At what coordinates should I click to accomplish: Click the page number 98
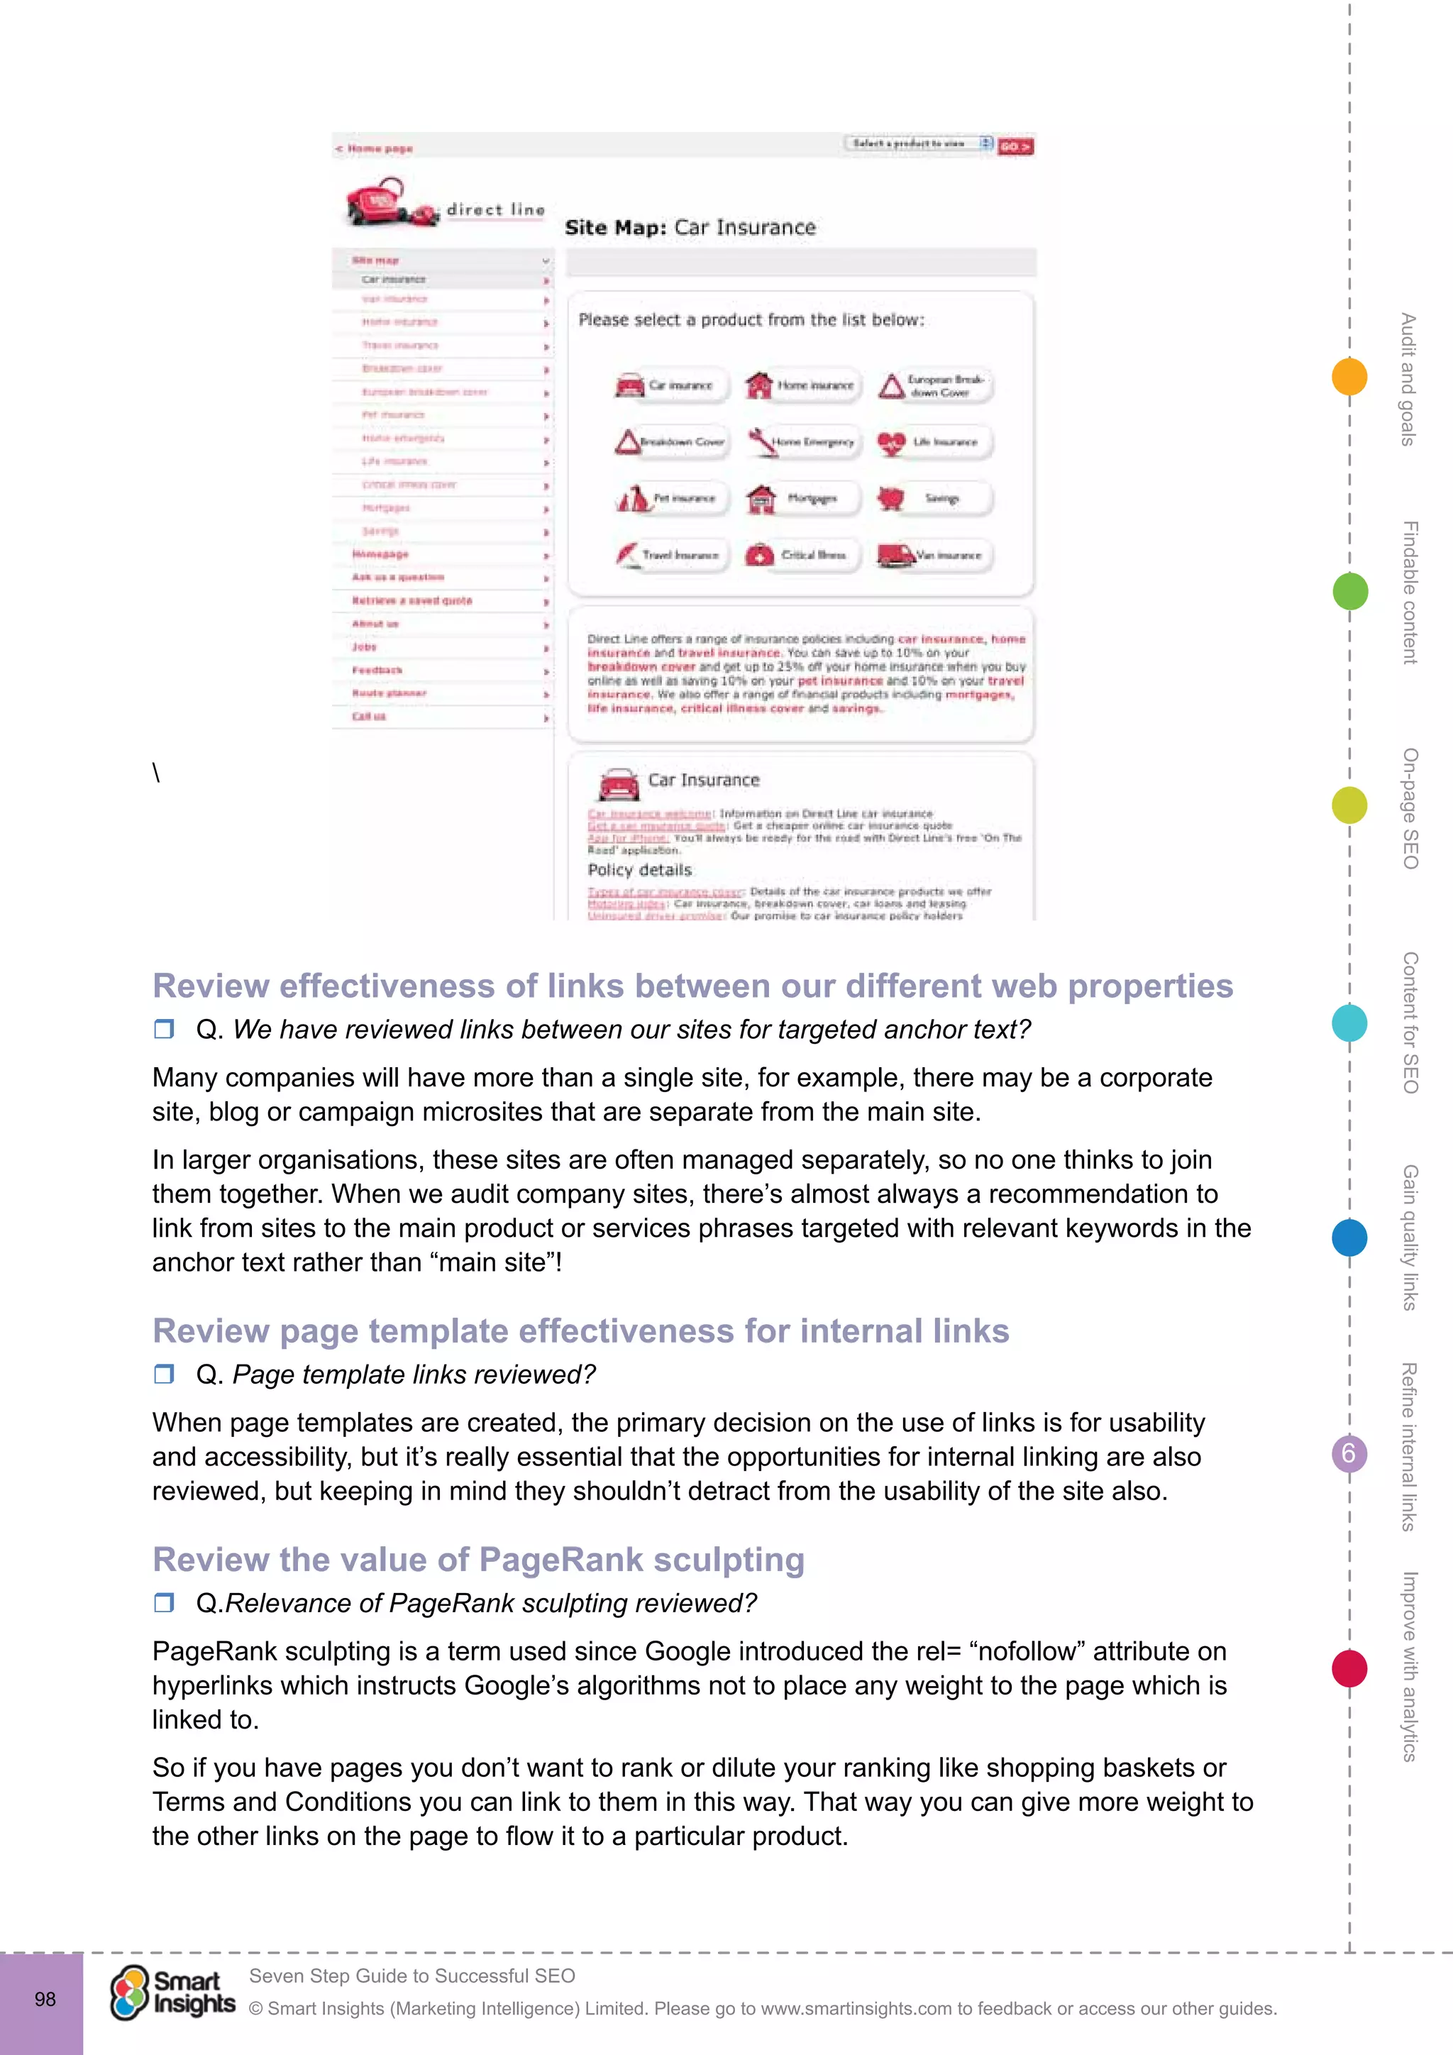click(45, 2000)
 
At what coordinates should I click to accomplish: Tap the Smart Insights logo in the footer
click(172, 1993)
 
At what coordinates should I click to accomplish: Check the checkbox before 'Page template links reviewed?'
click(164, 1374)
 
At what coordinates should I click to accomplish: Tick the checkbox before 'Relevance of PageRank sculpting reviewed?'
click(164, 1602)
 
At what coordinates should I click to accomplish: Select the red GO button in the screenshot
click(1015, 146)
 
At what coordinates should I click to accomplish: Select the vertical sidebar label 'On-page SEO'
click(1409, 808)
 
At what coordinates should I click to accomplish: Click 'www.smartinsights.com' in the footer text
click(856, 2008)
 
